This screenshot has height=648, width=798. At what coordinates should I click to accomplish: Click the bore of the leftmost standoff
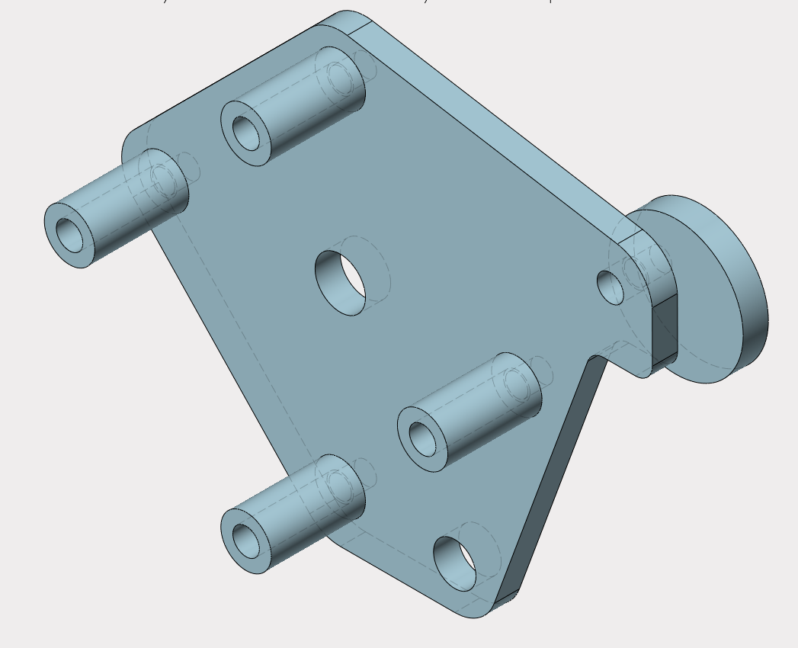tap(69, 233)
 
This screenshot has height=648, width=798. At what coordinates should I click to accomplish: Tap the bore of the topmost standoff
tap(246, 133)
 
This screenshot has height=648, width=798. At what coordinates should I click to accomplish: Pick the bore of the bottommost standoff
tap(245, 541)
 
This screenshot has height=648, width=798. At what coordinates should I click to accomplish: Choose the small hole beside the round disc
tap(610, 287)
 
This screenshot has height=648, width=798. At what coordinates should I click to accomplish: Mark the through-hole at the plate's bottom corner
tap(455, 564)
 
